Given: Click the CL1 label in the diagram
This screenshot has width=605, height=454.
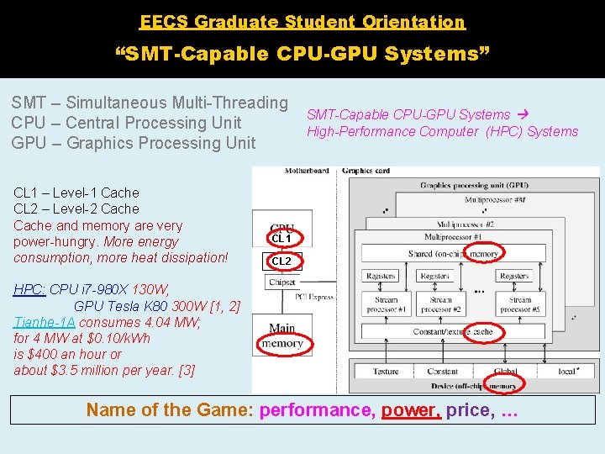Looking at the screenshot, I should (281, 238).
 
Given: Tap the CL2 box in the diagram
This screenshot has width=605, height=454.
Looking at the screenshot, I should (281, 261).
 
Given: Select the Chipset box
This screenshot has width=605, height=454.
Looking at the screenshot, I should (282, 282).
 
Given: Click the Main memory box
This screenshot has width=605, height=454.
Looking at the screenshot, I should (282, 335).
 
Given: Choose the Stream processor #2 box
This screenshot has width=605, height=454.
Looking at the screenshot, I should (440, 304).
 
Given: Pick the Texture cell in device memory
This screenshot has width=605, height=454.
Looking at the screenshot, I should (386, 371).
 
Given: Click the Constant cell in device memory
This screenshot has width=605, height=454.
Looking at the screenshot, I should (443, 371).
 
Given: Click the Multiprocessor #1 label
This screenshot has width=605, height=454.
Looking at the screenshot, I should (453, 237).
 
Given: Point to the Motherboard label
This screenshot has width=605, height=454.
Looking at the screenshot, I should (307, 172).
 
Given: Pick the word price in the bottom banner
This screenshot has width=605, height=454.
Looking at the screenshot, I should (467, 410).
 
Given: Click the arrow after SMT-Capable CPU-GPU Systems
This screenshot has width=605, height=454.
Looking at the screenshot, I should (521, 114).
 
